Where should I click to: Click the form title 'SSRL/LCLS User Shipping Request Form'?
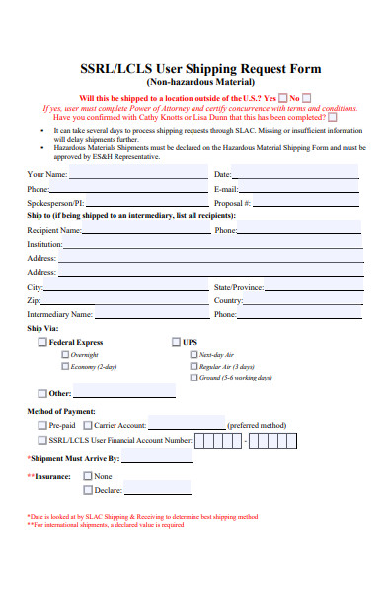[x=192, y=68]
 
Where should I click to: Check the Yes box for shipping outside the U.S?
[x=283, y=98]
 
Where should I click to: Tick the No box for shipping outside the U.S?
[x=306, y=98]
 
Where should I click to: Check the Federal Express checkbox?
[x=41, y=342]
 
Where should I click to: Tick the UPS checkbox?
[x=175, y=342]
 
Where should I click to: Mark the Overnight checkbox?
[x=65, y=354]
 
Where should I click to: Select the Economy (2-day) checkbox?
[x=65, y=366]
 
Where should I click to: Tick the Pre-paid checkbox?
[x=41, y=425]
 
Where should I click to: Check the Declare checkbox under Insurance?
[x=88, y=489]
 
